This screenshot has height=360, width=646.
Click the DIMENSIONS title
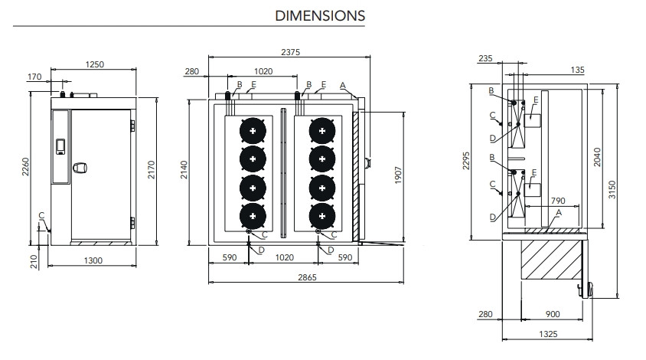click(320, 15)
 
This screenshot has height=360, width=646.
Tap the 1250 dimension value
click(96, 65)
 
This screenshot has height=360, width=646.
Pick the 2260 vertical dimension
click(27, 165)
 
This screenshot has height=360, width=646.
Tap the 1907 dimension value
click(398, 176)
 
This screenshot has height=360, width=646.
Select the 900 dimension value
click(552, 314)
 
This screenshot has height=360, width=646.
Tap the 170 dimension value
click(34, 77)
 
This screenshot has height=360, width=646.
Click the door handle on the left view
click(80, 169)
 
